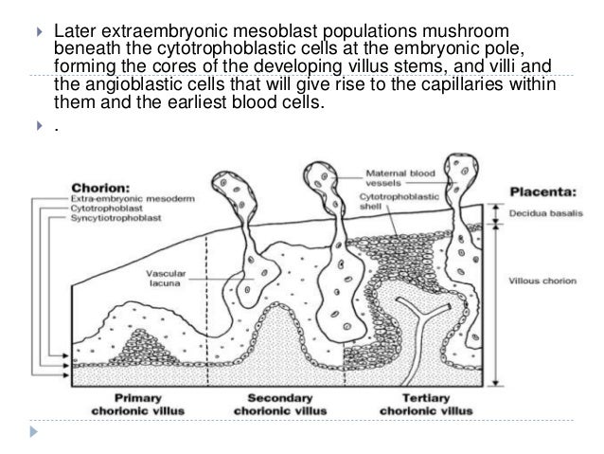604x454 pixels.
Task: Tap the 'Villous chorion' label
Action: tap(542, 281)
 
